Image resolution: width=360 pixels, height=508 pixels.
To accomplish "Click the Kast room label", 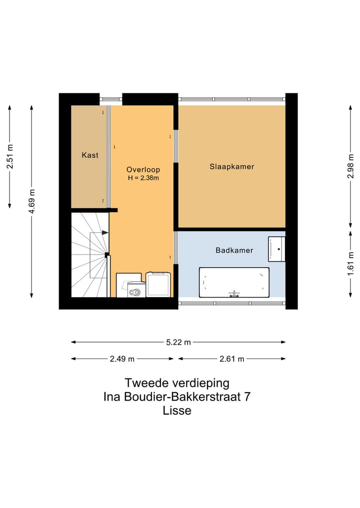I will pos(90,155).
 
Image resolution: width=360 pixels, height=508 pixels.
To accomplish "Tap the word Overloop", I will pos(143,169).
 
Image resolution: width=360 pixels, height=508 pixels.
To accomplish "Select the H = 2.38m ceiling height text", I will pos(143,178).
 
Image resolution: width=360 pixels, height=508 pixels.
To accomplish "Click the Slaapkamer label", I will pos(231,167).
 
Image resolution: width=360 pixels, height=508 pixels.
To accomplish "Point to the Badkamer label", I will pos(234,250).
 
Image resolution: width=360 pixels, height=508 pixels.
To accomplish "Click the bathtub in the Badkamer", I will pos(234,283).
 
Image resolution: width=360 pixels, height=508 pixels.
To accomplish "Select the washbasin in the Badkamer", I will pos(276,249).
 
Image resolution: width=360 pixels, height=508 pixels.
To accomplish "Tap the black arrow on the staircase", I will pos(104,232).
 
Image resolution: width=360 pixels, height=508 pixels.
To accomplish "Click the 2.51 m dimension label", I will pos(10,156).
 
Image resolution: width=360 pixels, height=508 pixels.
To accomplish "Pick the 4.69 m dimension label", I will pos(31,201).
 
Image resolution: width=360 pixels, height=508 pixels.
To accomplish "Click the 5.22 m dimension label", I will pos(178,342).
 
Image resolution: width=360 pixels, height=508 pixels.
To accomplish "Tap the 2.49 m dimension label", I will pos(122,359).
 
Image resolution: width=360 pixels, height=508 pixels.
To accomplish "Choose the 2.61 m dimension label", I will pos(232,359).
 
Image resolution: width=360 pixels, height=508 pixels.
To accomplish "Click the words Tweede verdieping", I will pos(177,383).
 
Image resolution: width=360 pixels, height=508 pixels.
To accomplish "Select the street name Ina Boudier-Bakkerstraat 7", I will pos(177,397).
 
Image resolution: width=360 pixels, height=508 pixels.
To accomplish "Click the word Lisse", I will pos(177,411).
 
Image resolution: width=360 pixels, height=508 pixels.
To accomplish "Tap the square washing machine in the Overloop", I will pos(158,284).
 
